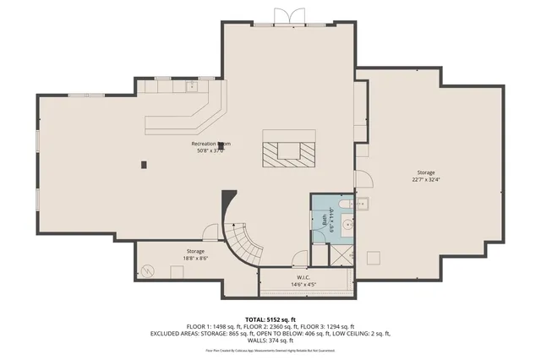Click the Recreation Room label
[x=210, y=145]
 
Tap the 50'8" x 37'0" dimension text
[x=210, y=152]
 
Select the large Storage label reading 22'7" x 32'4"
[x=425, y=172]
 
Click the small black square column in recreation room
[x=145, y=163]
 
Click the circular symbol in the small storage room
[x=150, y=272]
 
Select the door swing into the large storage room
[x=363, y=179]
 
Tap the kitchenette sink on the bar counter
[x=191, y=85]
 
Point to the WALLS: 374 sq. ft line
[x=270, y=341]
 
